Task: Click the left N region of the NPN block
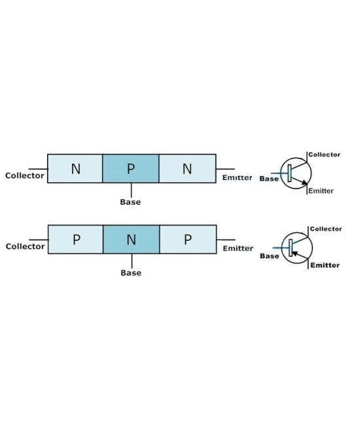[x=75, y=169]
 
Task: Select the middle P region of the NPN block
[x=131, y=169]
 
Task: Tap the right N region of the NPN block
[x=187, y=169]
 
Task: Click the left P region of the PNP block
[x=76, y=240]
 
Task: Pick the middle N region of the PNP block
[x=131, y=240]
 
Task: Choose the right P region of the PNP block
[x=188, y=240]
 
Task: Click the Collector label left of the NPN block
[x=25, y=175]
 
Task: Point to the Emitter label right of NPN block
[x=237, y=178]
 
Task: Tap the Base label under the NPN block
[x=130, y=202]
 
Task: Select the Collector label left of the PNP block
[x=26, y=246]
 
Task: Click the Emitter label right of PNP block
[x=238, y=249]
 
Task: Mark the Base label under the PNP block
[x=131, y=273]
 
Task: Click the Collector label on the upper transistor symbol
[x=325, y=155]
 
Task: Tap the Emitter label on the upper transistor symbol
[x=321, y=191]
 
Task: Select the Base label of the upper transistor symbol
[x=269, y=178]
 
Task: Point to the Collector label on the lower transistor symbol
[x=325, y=229]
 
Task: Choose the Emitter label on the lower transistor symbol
[x=325, y=265]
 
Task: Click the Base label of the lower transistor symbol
[x=270, y=256]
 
